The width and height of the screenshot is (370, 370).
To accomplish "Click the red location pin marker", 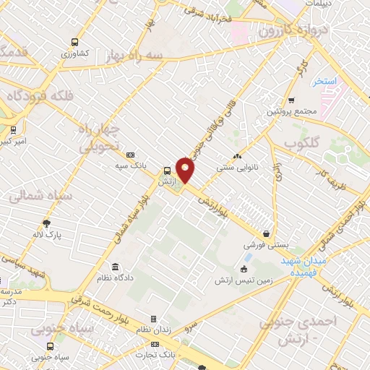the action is (186, 171).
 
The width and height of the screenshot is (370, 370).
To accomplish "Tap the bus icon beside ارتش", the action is (168, 171).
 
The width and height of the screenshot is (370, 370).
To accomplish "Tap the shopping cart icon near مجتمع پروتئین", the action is (291, 100).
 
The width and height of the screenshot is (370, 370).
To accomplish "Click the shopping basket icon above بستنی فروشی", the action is (267, 234).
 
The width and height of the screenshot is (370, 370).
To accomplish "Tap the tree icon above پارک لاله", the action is (47, 223).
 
